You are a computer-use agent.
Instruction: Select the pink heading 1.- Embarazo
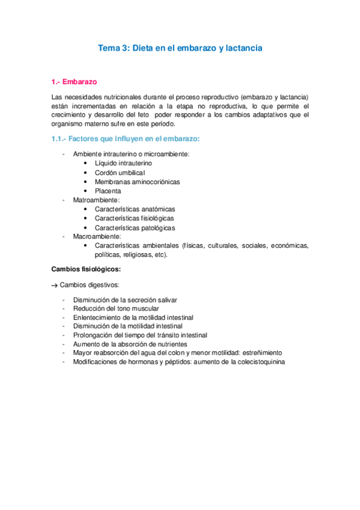(x=75, y=81)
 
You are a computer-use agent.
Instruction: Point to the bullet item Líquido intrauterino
(x=123, y=163)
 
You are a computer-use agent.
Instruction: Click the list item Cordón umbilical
(x=120, y=172)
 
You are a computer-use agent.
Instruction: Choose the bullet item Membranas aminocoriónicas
(x=137, y=181)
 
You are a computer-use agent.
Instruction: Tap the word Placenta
(x=108, y=191)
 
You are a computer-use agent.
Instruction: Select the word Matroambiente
(x=96, y=200)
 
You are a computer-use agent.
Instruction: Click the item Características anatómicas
(x=135, y=209)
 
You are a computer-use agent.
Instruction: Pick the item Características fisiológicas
(x=135, y=218)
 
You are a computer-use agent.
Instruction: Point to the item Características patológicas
(x=135, y=228)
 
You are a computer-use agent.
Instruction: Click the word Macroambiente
(x=97, y=237)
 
